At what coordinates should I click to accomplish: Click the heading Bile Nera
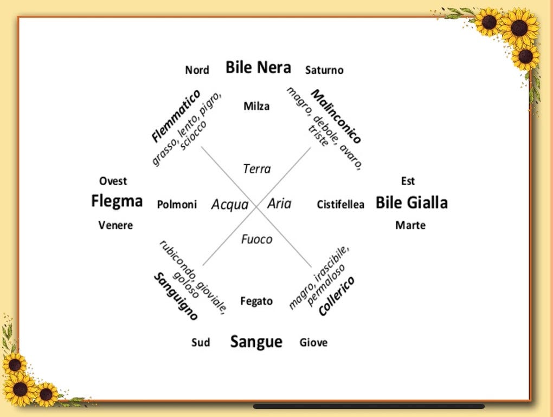pyautogui.click(x=258, y=67)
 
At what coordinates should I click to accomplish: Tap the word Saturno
pyautogui.click(x=324, y=70)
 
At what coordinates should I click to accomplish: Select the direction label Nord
pyautogui.click(x=197, y=70)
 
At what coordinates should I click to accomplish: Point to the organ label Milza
pyautogui.click(x=256, y=106)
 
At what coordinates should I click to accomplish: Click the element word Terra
pyautogui.click(x=256, y=169)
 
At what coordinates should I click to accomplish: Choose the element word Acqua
pyautogui.click(x=229, y=205)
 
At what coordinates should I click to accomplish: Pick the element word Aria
pyautogui.click(x=279, y=204)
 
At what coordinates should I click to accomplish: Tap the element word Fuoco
pyautogui.click(x=256, y=239)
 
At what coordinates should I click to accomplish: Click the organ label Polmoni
pyautogui.click(x=177, y=205)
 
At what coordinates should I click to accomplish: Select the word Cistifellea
pyautogui.click(x=340, y=205)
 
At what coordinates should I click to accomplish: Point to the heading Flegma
pyautogui.click(x=117, y=201)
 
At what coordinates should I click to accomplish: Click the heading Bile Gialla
pyautogui.click(x=411, y=203)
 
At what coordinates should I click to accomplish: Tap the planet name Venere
pyautogui.click(x=115, y=225)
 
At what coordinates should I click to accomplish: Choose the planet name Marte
pyautogui.click(x=410, y=225)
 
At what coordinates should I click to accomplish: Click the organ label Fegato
pyautogui.click(x=256, y=301)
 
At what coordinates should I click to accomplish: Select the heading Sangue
pyautogui.click(x=256, y=342)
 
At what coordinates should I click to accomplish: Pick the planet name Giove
pyautogui.click(x=313, y=342)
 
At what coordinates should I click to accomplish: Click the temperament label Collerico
pyautogui.click(x=337, y=296)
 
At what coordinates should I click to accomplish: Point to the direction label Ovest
pyautogui.click(x=113, y=181)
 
